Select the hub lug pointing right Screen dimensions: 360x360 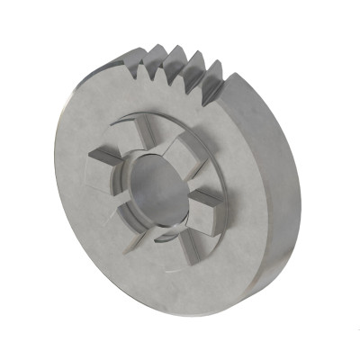click(206, 199)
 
